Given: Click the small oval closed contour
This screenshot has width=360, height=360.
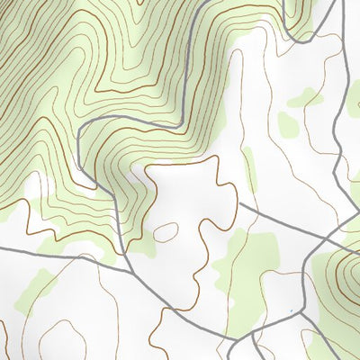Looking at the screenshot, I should coord(166,232).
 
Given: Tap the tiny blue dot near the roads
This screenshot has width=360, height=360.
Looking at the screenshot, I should coord(290,313).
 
